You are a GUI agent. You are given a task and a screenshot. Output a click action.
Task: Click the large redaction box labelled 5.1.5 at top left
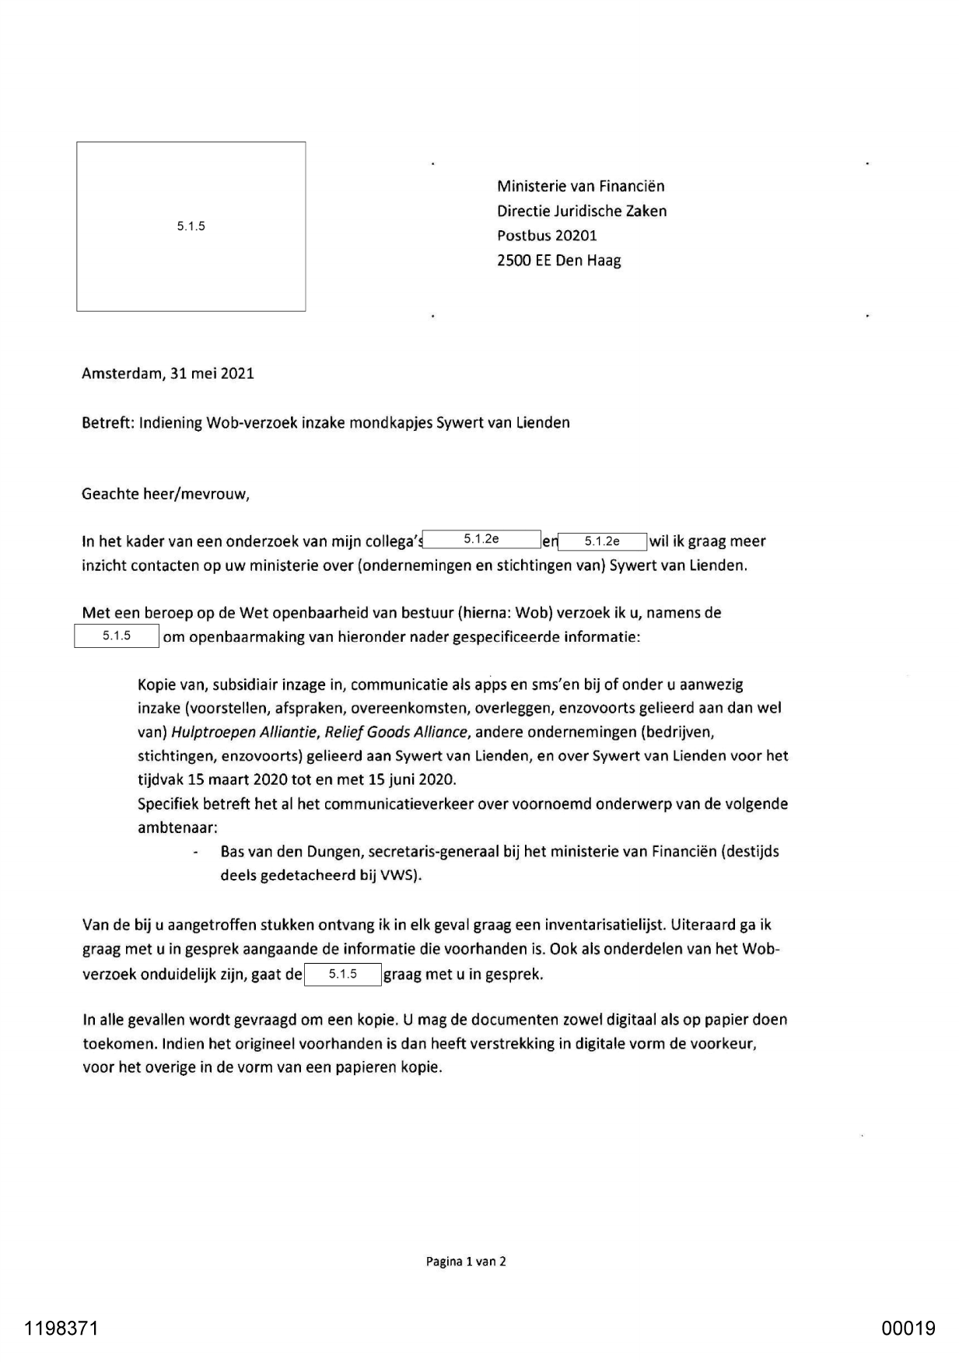(x=191, y=226)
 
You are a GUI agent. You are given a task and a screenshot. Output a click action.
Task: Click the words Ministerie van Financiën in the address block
(x=580, y=186)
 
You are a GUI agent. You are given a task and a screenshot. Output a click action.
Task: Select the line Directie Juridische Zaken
(x=582, y=211)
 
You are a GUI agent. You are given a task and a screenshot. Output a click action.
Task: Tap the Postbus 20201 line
(x=547, y=236)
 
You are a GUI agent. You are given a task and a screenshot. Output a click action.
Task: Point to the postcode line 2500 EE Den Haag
(x=558, y=261)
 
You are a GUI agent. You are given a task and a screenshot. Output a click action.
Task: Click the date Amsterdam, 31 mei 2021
(x=168, y=373)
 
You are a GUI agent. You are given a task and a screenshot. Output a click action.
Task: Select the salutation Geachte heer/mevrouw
(x=165, y=494)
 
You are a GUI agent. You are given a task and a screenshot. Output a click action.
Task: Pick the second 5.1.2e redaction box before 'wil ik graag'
(x=603, y=541)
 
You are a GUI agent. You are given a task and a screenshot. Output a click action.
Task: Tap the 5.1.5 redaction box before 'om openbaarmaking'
(x=117, y=636)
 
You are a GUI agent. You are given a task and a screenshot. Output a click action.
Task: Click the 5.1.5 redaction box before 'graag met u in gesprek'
(x=342, y=974)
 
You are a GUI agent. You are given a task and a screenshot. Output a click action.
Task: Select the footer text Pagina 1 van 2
(x=466, y=1262)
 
